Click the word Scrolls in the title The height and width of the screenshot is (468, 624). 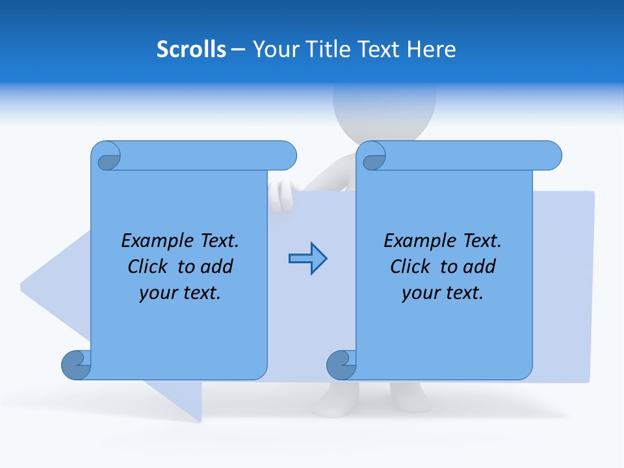191,49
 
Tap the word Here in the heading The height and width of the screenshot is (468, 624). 432,49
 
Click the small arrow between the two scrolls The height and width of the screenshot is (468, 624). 307,259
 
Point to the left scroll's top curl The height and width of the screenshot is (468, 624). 106,156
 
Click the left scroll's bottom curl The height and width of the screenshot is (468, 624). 77,365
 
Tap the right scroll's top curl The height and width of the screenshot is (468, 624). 371,156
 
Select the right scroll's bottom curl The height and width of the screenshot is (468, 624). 342,365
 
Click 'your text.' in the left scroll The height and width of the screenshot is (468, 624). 180,292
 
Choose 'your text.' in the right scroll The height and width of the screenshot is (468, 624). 443,292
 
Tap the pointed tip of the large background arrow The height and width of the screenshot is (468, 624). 23,285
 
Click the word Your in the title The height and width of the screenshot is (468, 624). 271,49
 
